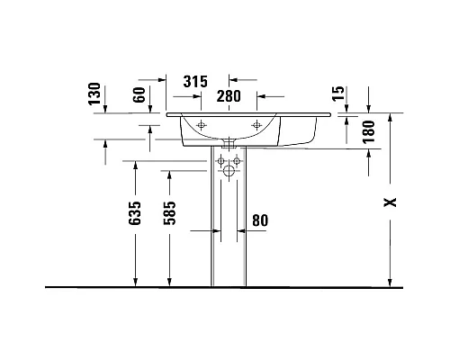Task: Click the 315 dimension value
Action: [197, 81]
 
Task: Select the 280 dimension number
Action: [229, 96]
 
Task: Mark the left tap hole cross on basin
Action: [202, 123]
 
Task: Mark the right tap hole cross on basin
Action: [258, 123]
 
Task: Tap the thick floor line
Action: [225, 287]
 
